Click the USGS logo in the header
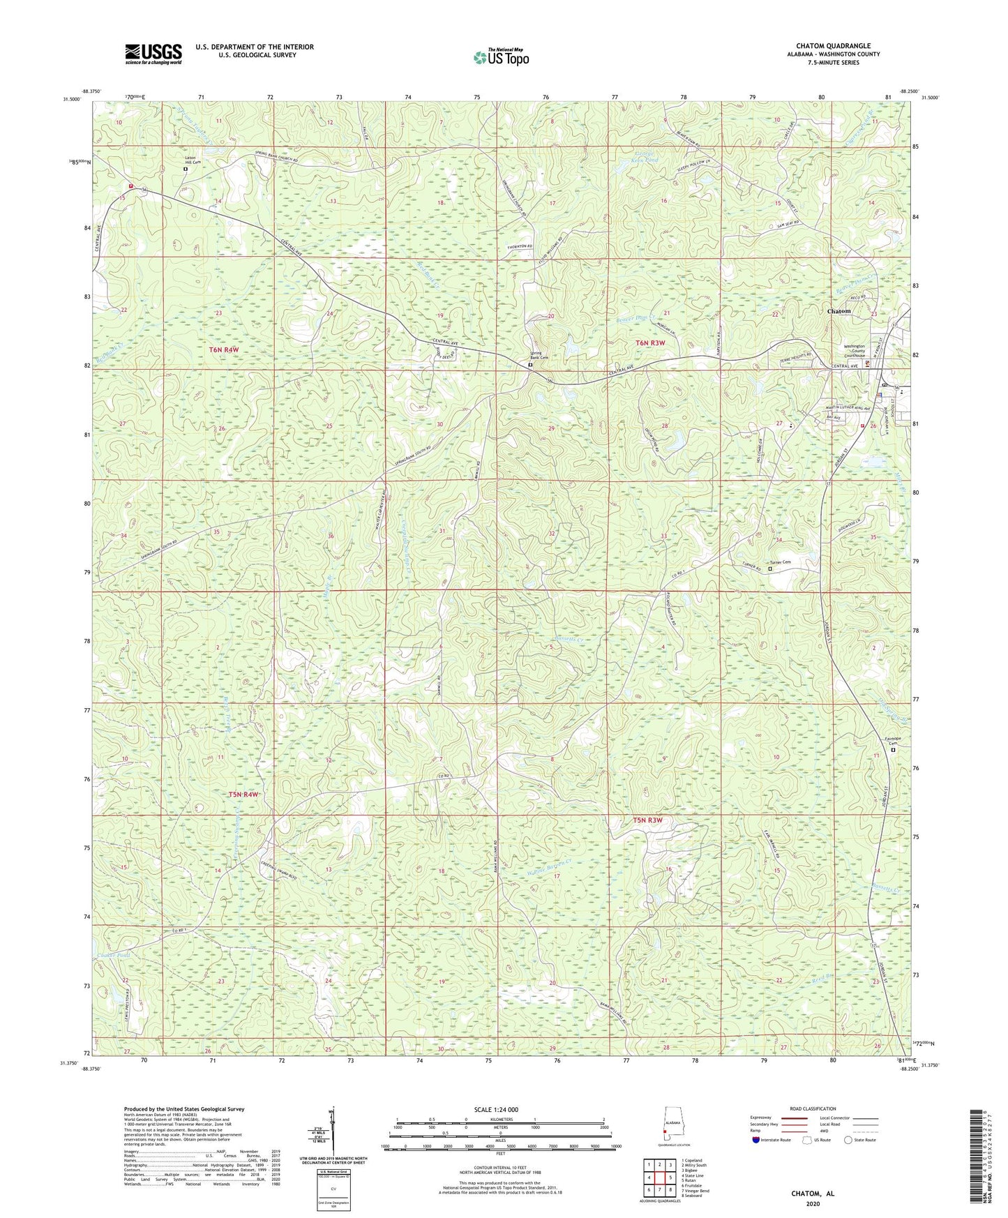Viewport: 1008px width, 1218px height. [x=153, y=54]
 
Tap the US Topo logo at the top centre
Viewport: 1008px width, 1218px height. [x=500, y=57]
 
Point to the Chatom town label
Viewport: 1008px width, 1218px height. [x=838, y=310]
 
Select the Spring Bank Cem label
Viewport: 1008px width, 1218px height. [x=541, y=354]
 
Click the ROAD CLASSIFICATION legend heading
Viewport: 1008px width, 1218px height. [x=813, y=1108]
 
